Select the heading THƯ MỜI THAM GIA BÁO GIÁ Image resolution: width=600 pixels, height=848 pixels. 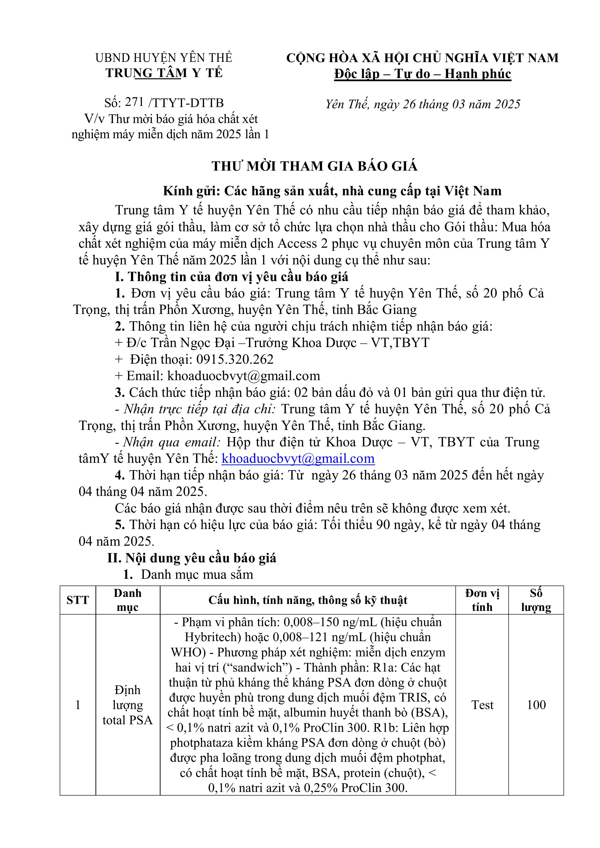315,166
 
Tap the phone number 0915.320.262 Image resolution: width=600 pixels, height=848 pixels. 235,359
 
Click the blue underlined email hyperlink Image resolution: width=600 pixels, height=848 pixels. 298,459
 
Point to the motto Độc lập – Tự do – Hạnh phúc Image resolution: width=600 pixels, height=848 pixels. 422,74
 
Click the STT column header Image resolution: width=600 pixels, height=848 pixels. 78,600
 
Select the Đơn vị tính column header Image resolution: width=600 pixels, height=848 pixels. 482,600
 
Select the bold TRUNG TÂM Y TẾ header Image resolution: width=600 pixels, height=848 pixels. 164,73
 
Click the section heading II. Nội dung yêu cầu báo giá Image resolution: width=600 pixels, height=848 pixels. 191,558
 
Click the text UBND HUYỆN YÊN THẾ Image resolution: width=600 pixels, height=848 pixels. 164,58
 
